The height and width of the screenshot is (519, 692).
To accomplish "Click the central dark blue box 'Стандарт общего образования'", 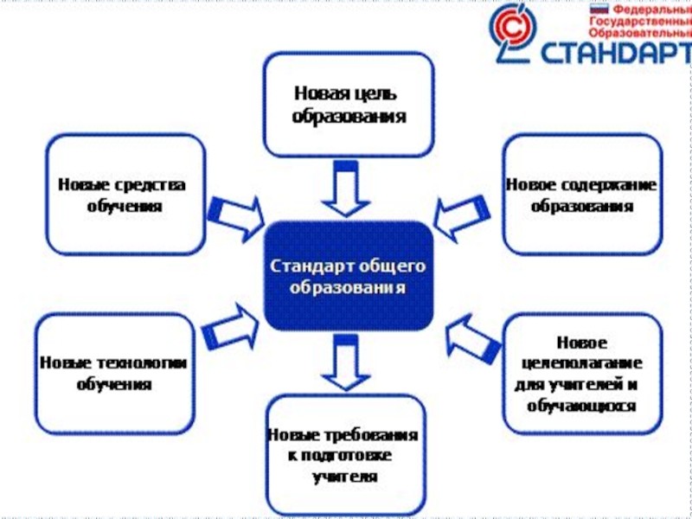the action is click(x=348, y=275).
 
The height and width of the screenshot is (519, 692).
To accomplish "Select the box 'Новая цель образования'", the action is click(x=348, y=104).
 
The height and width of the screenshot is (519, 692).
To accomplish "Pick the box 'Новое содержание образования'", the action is click(x=581, y=195).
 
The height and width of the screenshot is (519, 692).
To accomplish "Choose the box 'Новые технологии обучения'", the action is click(x=114, y=374).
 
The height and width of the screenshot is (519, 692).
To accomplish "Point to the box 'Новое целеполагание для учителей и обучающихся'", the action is click(x=581, y=374).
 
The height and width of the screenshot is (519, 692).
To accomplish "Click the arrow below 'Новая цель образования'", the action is click(x=346, y=189).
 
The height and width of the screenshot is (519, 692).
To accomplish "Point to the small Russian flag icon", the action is click(x=597, y=8).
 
